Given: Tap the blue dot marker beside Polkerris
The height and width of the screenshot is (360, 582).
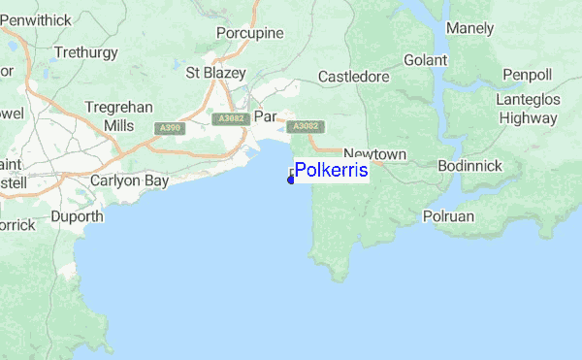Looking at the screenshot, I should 291,179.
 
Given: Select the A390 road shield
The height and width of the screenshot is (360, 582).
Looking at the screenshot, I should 167,127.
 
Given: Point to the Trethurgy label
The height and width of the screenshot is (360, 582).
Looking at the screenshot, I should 85,51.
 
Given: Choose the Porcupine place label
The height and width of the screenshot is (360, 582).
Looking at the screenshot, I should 249,33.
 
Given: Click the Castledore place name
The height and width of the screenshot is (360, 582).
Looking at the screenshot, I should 354,76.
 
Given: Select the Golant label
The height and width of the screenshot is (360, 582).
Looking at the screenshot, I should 425,60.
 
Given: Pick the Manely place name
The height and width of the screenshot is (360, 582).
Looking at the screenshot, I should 470,28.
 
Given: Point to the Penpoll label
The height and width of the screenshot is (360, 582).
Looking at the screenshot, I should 527,75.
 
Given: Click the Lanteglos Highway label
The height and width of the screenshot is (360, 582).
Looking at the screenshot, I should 528,109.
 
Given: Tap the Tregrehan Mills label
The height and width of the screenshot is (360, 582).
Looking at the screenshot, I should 117,116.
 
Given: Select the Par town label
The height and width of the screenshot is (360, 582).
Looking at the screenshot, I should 265,116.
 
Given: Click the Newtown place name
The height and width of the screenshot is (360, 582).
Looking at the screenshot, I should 374,154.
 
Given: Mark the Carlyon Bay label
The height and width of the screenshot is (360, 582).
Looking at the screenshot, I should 129,180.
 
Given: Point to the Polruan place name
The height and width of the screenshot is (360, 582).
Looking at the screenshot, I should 449,216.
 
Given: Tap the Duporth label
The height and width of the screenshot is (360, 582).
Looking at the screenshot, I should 77,216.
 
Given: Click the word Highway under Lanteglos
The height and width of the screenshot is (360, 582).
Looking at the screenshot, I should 528,118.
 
